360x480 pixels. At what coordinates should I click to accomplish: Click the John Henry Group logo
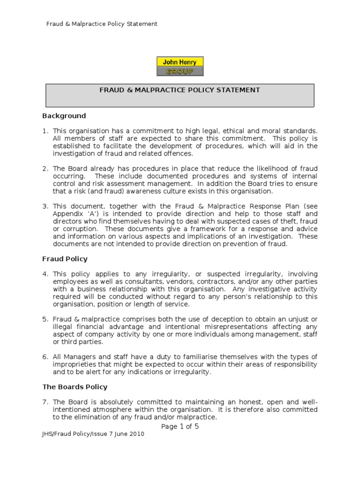(180, 66)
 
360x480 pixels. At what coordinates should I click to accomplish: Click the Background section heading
(64, 116)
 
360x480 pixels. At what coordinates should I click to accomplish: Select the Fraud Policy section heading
(65, 259)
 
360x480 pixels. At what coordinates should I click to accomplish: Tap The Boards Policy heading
(75, 387)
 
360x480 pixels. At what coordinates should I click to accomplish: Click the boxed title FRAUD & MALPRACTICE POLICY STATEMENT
(180, 90)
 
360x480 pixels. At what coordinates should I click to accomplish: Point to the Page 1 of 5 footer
(180, 426)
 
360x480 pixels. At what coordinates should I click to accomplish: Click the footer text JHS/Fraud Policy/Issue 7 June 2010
(93, 434)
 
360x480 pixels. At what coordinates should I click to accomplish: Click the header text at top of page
(101, 23)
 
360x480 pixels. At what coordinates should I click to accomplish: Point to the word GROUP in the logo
(180, 71)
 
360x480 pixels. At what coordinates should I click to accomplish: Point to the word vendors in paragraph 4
(164, 281)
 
